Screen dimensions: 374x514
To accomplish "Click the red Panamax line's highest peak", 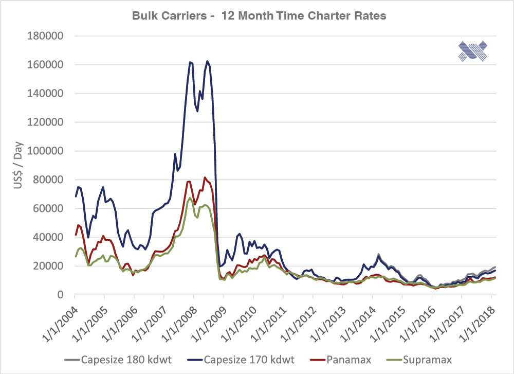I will [x=205, y=177].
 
